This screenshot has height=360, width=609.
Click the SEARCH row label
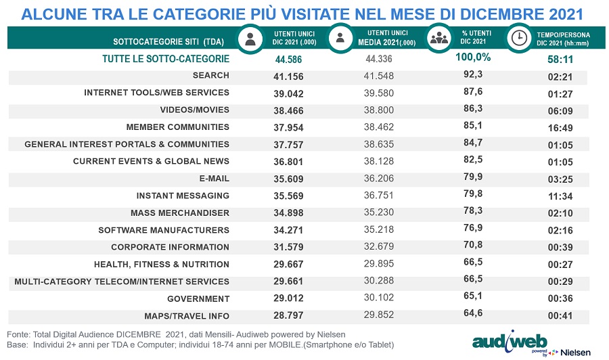pos(210,75)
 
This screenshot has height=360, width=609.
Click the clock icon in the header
pos(519,37)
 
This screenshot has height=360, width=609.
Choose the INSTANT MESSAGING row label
pos(183,196)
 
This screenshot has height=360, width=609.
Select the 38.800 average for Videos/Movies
pos(377,110)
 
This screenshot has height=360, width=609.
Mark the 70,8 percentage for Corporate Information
pos(472,247)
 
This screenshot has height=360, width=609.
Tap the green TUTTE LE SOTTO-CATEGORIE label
pos(166,59)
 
